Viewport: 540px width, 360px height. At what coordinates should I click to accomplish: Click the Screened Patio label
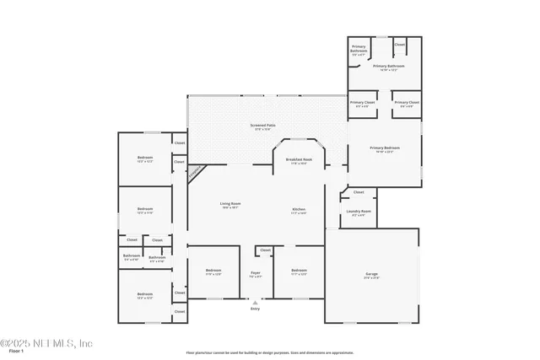262,126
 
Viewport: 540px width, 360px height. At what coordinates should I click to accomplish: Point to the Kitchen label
299,211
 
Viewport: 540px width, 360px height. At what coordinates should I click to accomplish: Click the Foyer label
256,274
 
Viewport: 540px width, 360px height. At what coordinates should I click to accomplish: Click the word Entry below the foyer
256,309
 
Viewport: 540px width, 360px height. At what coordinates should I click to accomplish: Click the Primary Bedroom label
384,150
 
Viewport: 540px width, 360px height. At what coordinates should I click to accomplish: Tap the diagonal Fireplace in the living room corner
195,172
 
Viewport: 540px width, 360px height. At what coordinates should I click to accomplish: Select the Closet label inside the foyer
265,250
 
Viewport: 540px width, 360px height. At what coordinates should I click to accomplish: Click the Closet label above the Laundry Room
359,192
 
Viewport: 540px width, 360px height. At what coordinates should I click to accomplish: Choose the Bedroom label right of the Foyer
299,272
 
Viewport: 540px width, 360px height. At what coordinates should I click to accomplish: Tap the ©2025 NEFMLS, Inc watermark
46,342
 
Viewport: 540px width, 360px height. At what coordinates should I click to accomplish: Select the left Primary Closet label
363,104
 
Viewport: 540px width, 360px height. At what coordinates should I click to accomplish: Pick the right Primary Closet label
407,104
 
